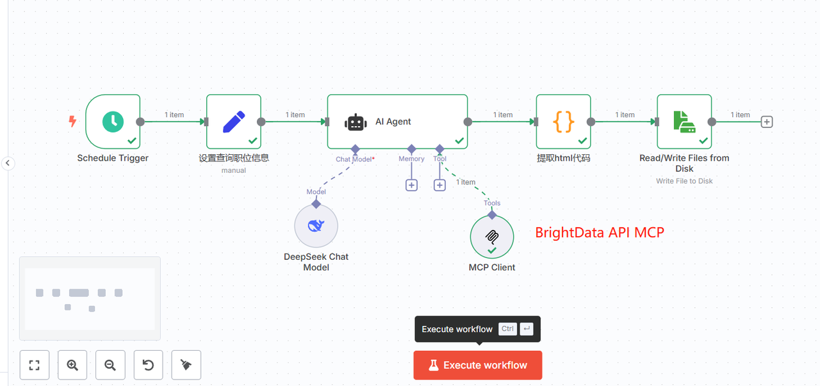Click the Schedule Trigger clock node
(113, 122)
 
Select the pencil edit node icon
(233, 122)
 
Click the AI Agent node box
(397, 122)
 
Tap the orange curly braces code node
(563, 122)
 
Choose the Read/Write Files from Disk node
(684, 122)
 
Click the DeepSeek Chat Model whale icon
(316, 225)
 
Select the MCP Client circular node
(492, 236)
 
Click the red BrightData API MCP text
(600, 232)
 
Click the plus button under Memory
(411, 185)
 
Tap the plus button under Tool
(439, 185)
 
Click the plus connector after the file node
(767, 122)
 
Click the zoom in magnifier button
(72, 365)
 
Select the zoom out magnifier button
(110, 365)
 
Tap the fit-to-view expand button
(35, 365)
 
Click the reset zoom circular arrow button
(148, 365)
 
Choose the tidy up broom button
(186, 365)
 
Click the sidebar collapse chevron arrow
(8, 163)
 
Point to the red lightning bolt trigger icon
(73, 121)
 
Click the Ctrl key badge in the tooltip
(507, 329)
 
